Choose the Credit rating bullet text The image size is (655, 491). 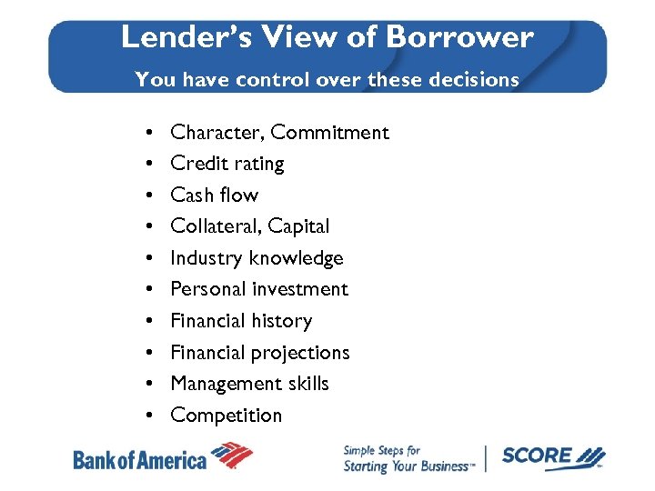[x=227, y=164]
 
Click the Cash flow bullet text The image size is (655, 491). [x=215, y=195]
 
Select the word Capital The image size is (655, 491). [x=299, y=226]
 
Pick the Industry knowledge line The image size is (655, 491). [x=257, y=258]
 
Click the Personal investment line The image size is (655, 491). [x=259, y=289]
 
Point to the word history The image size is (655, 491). [x=282, y=321]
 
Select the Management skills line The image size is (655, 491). [x=249, y=384]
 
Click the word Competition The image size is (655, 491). [x=227, y=416]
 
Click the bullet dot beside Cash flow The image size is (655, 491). [x=147, y=196]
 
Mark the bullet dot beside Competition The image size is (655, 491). [x=147, y=416]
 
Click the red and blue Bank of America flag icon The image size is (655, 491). [x=231, y=455]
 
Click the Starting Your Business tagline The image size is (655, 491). [x=408, y=466]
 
